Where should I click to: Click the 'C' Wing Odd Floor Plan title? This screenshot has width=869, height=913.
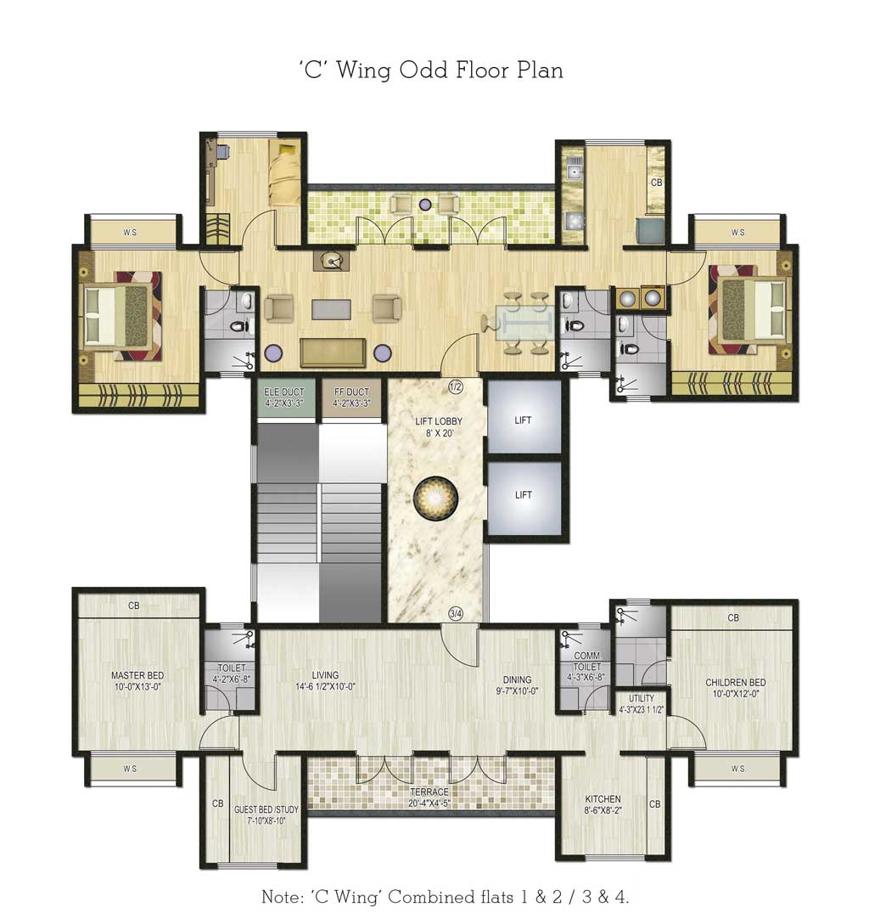click(430, 70)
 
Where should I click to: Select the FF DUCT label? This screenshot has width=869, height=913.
click(351, 397)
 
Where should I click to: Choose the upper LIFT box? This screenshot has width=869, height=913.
click(524, 420)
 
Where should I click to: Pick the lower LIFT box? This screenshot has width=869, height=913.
click(524, 495)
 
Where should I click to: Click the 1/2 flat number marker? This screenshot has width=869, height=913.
click(456, 387)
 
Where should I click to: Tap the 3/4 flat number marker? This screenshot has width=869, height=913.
click(456, 614)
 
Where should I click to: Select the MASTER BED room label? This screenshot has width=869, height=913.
click(137, 682)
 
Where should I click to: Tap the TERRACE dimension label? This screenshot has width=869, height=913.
click(429, 797)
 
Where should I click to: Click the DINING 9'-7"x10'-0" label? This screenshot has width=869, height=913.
click(517, 685)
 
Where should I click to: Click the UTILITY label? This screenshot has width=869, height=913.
click(641, 703)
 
